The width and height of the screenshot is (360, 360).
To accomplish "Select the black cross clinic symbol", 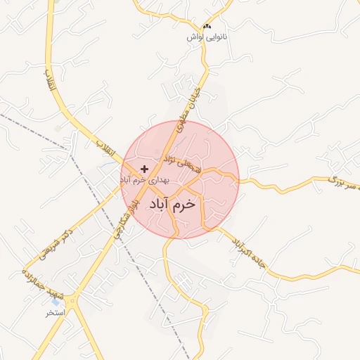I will [144, 169].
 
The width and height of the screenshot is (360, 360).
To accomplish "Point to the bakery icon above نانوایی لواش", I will [206, 26].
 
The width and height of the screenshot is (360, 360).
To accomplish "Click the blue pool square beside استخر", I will [56, 302].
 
